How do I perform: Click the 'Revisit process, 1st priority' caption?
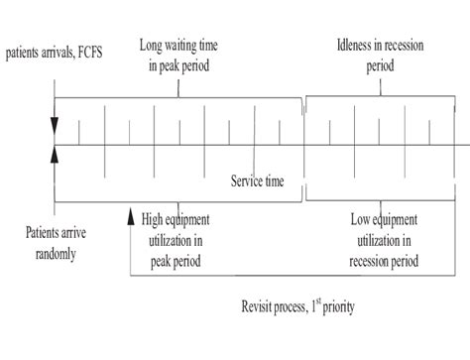tap(297, 306)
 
